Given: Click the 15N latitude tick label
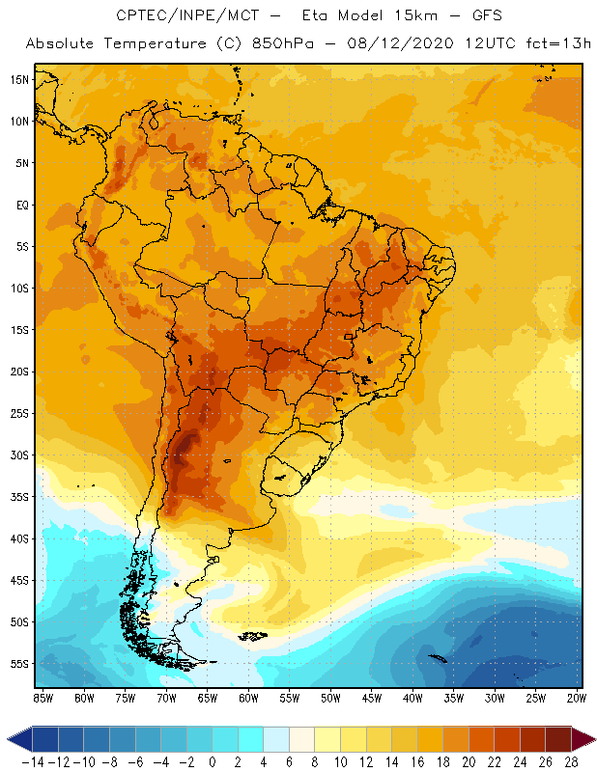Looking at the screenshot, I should (x=18, y=79).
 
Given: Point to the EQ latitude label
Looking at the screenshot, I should (x=19, y=205).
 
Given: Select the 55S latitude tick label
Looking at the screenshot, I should (x=18, y=664).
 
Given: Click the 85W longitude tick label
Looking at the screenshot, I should (x=43, y=697).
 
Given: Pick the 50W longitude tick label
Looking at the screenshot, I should (x=331, y=697).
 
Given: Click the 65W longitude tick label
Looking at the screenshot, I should (x=208, y=697).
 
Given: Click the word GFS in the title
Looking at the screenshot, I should (x=485, y=16).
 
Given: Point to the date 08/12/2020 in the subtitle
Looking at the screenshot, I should (x=381, y=44).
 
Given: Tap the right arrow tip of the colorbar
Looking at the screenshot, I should (x=592, y=739).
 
